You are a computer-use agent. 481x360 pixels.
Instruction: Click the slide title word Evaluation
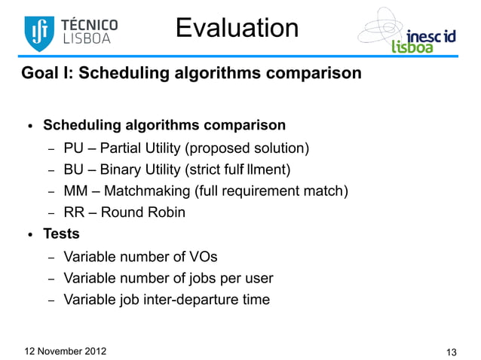tap(237, 28)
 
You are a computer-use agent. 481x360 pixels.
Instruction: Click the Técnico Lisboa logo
tap(71, 30)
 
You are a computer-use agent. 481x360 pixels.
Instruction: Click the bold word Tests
tap(61, 234)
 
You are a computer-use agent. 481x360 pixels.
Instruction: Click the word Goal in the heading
tap(38, 75)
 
